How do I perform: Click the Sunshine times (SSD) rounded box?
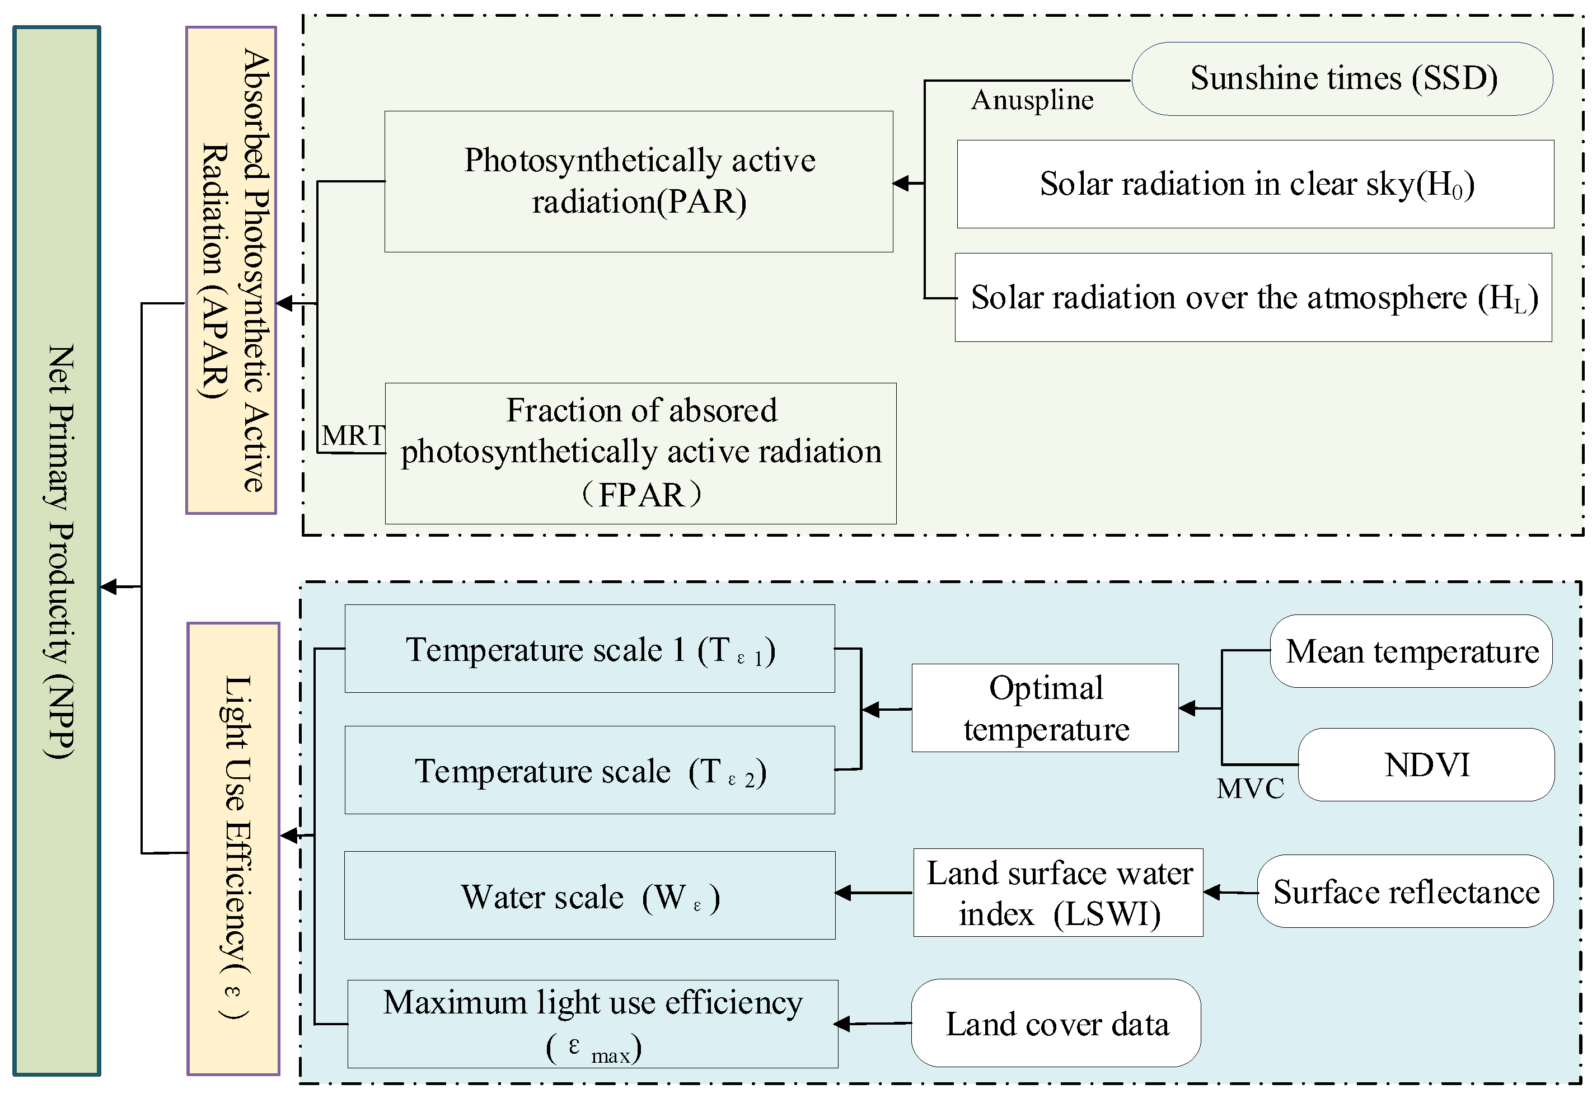[1342, 79]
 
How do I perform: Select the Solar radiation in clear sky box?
[1254, 184]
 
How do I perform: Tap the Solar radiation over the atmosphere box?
[1253, 297]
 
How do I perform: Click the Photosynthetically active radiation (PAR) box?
[638, 181]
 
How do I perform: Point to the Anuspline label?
[1032, 100]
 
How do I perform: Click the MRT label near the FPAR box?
[353, 435]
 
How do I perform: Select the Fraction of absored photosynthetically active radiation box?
[640, 453]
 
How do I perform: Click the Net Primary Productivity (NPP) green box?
[57, 551]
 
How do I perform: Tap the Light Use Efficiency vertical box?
[233, 848]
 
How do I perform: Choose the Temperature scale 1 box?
[589, 648]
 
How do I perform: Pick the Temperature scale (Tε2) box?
[589, 769]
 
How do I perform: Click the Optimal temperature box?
[1045, 708]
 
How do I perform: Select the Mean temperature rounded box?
[1411, 651]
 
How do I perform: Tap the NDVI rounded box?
[1425, 764]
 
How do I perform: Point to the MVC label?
[1250, 788]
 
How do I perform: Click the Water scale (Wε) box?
[589, 895]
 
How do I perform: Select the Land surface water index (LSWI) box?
[1057, 892]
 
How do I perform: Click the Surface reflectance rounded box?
[1404, 891]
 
